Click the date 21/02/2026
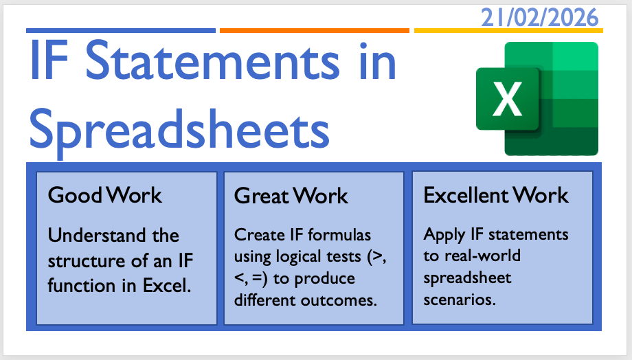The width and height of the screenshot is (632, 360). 540,18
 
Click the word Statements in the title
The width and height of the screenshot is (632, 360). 213,61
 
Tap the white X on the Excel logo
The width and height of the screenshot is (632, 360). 507,99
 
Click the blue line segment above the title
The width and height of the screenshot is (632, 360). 121,31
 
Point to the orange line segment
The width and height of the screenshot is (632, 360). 315,31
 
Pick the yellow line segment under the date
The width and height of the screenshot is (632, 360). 508,31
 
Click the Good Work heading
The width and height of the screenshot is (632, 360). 105,195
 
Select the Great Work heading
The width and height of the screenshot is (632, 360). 291,196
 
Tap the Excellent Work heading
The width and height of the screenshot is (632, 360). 496,195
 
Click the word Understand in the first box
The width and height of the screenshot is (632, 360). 97,235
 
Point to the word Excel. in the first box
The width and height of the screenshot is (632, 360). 167,285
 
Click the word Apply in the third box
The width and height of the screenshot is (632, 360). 444,235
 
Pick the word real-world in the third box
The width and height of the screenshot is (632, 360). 482,256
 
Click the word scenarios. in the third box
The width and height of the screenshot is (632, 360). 460,300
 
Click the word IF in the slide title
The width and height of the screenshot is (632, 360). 49,60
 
